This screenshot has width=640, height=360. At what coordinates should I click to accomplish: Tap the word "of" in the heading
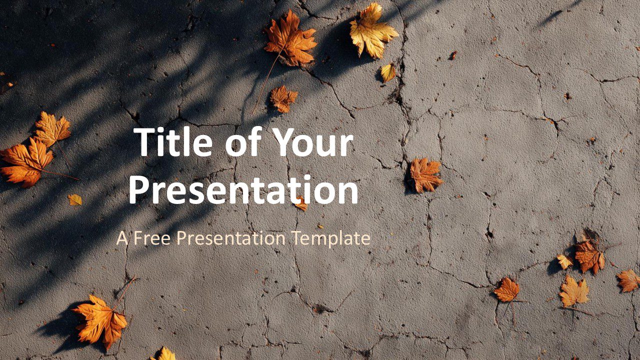tap(241, 143)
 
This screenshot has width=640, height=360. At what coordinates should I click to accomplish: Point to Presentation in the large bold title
tap(243, 190)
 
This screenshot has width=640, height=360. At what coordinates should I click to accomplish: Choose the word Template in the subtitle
tap(331, 238)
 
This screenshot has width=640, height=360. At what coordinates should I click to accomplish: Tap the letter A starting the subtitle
tap(122, 238)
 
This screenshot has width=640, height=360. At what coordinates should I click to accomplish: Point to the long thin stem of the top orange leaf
tap(265, 82)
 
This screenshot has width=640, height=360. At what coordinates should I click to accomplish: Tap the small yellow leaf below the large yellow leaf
tap(388, 73)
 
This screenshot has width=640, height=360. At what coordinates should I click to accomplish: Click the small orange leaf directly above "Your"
tap(283, 98)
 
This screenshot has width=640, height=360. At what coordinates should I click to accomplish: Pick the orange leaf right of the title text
tap(425, 175)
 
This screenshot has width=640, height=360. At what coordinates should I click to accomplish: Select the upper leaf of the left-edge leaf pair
tap(52, 129)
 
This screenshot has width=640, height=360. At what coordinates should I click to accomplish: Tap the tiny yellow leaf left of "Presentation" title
tap(75, 199)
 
